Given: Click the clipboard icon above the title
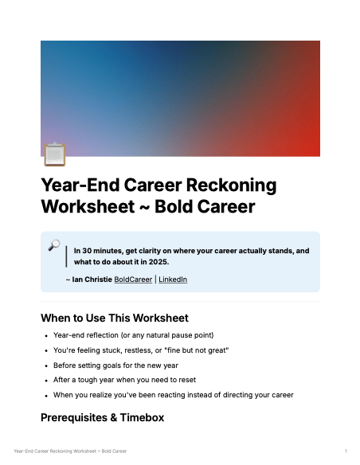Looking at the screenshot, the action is click(x=55, y=154).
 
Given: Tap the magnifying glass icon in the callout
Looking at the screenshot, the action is click(x=54, y=245).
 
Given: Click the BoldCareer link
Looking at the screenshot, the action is click(x=133, y=279).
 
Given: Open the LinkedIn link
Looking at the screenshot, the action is click(x=173, y=279).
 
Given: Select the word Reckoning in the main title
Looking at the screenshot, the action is click(x=231, y=186).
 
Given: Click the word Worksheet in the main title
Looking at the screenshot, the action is click(x=88, y=206).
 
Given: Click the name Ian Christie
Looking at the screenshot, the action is click(x=92, y=279).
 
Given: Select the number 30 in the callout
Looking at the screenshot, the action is click(x=87, y=251).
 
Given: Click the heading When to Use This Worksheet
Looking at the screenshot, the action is click(x=115, y=318).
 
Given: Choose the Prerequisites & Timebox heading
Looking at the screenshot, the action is click(x=102, y=417).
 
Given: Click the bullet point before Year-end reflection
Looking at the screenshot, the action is click(x=46, y=336).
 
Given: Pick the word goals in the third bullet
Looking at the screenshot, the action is click(x=112, y=365).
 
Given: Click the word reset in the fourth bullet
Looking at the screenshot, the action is click(x=188, y=380).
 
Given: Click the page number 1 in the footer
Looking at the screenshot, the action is click(x=346, y=451).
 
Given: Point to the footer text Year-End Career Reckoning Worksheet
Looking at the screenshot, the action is click(x=55, y=451).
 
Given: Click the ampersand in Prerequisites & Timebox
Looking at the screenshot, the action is click(x=114, y=417).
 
